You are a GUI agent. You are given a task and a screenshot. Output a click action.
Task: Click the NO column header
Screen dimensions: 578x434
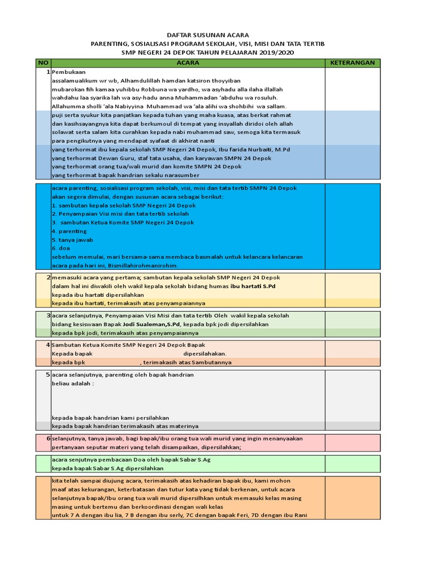(43, 63)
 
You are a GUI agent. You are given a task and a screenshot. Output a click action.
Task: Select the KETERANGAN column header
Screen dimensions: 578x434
(353, 63)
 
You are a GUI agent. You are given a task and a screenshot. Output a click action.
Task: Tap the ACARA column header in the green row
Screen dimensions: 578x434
(188, 63)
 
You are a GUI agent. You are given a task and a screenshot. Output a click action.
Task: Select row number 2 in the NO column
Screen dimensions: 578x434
(48, 277)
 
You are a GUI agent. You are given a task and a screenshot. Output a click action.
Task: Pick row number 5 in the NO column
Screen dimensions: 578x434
(48, 374)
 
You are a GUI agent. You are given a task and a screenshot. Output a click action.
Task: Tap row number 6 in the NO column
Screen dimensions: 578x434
(48, 438)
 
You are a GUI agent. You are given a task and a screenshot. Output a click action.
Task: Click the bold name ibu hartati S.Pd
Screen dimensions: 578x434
(254, 286)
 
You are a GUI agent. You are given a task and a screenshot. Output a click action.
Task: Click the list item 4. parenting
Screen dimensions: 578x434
(69, 231)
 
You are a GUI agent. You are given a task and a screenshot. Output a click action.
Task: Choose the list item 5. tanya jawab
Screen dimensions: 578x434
(73, 239)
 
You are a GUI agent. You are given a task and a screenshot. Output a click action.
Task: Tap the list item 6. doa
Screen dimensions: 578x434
(61, 248)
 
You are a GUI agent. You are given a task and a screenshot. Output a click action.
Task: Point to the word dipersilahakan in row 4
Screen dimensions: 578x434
(205, 353)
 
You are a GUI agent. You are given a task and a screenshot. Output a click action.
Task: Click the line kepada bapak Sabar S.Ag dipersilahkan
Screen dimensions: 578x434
(107, 468)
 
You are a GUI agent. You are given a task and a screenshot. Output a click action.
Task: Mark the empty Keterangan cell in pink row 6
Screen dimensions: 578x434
(353, 443)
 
